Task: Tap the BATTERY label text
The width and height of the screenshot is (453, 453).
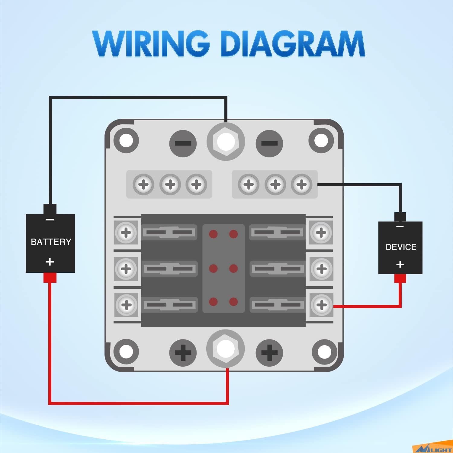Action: [51, 242]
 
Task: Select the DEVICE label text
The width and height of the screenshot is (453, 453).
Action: [401, 247]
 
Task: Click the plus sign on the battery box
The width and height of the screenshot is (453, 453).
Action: [50, 262]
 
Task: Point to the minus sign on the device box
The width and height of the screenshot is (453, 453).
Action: [400, 226]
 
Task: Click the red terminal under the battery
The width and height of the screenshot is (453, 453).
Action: [50, 278]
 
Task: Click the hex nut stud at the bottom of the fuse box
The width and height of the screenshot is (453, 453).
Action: [226, 349]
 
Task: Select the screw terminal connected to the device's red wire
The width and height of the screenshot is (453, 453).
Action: [321, 305]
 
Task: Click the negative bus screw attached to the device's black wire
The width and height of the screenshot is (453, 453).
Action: [301, 184]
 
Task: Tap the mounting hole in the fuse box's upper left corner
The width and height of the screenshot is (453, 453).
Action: [126, 140]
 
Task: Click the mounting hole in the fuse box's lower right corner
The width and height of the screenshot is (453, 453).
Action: [324, 352]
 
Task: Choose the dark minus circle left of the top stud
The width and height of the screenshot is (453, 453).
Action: [183, 143]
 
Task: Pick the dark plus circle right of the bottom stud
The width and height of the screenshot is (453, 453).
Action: [269, 352]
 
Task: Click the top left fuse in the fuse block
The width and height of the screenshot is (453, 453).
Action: [169, 233]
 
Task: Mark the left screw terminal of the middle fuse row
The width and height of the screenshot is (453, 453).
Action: [126, 268]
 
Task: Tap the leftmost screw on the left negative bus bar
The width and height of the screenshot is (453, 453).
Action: [144, 184]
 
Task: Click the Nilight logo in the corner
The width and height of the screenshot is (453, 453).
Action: [433, 448]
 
